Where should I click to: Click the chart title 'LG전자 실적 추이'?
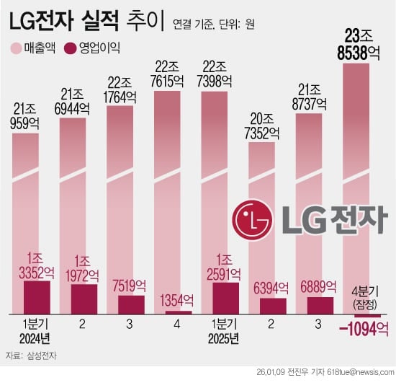coord(87,23)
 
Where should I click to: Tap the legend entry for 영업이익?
coord(92,49)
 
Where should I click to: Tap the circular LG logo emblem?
coord(251,215)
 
